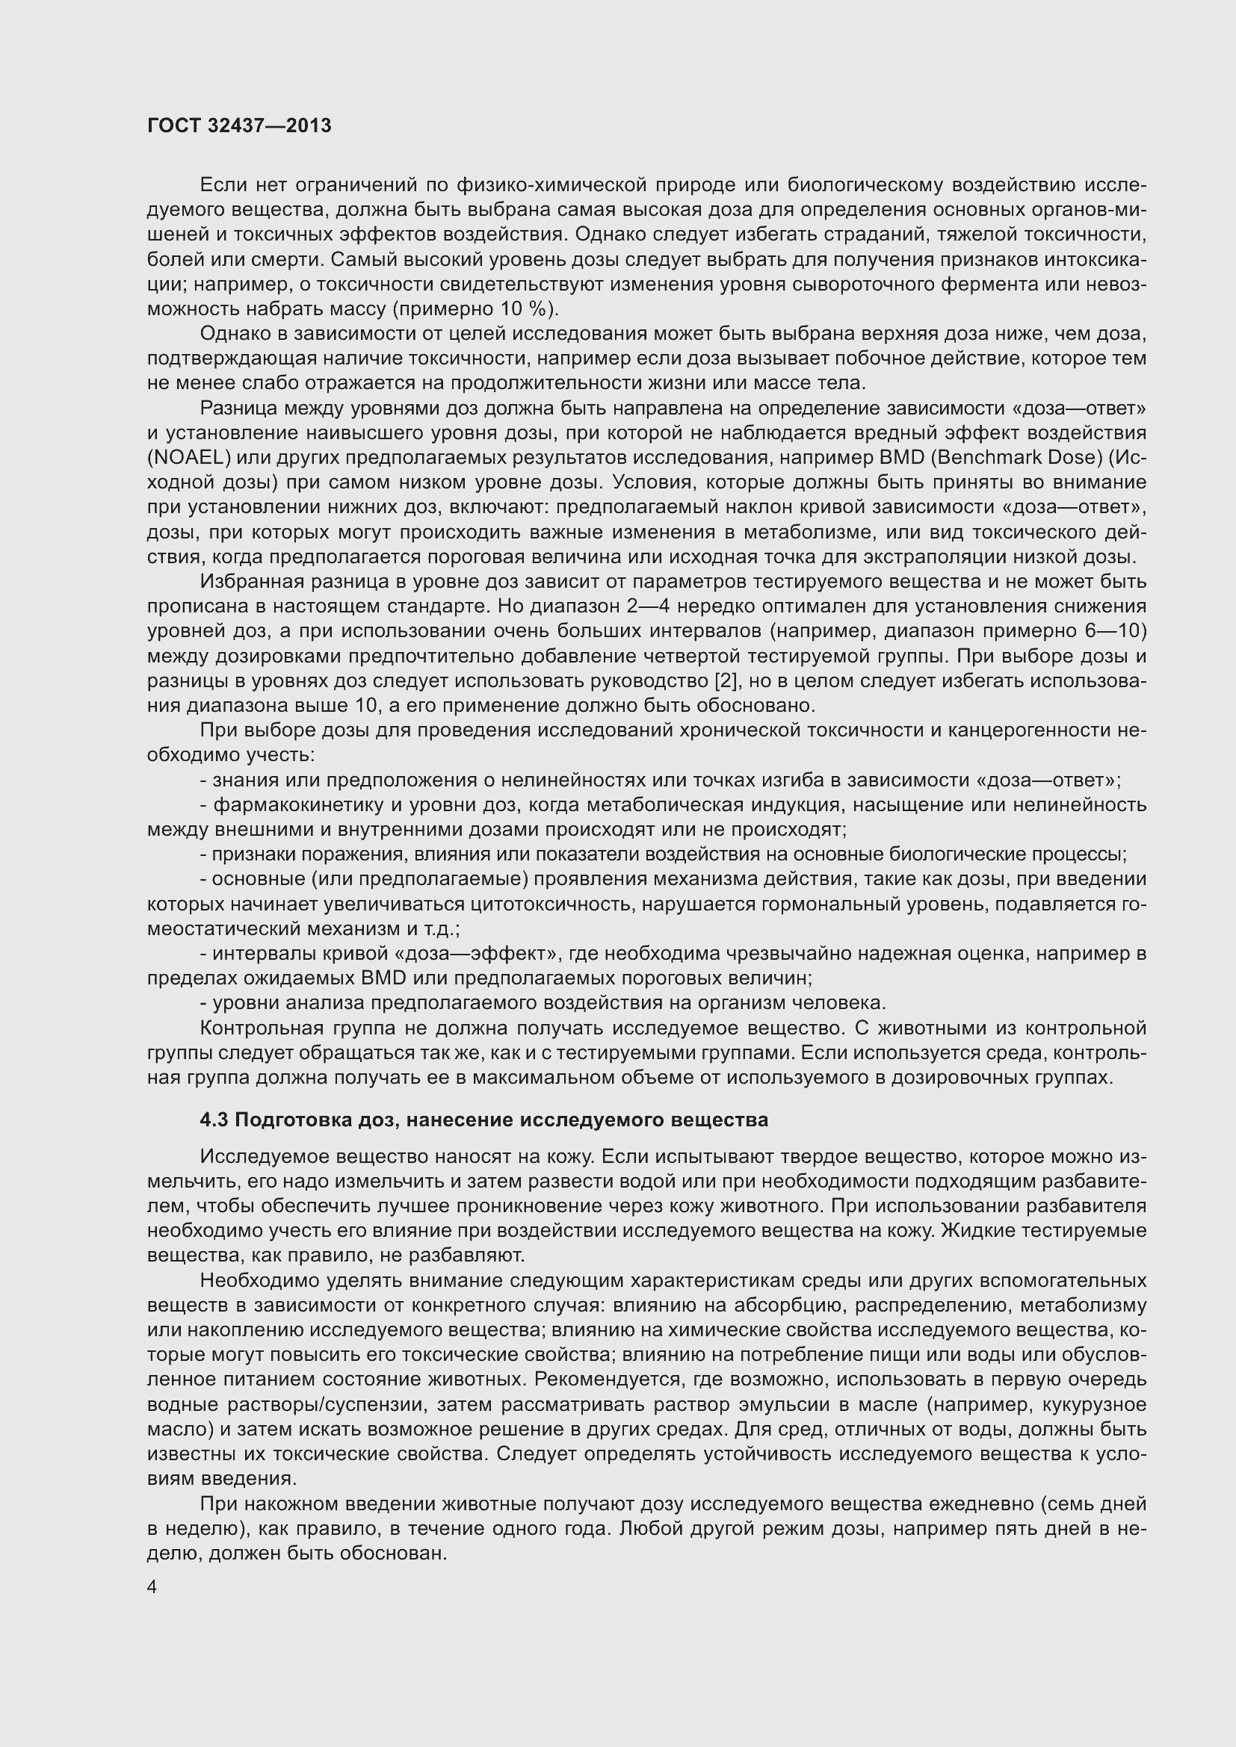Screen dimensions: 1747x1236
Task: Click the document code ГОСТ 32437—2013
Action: point(239,125)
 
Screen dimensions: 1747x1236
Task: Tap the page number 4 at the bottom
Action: point(152,1587)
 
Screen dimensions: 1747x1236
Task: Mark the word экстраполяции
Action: point(901,557)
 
